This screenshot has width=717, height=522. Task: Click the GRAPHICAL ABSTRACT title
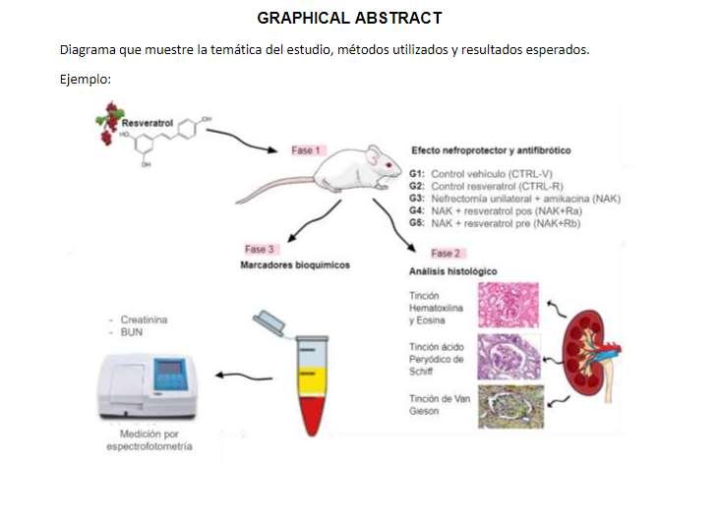tap(349, 18)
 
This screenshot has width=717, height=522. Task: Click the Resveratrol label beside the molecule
tap(146, 124)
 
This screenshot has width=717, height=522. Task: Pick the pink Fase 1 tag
tap(305, 150)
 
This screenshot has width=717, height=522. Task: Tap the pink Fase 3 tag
tap(263, 249)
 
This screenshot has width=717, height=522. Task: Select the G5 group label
tap(416, 223)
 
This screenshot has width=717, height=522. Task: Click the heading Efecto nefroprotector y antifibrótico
tap(491, 150)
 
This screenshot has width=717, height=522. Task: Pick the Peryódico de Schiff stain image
tap(510, 357)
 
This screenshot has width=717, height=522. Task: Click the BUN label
tap(132, 333)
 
